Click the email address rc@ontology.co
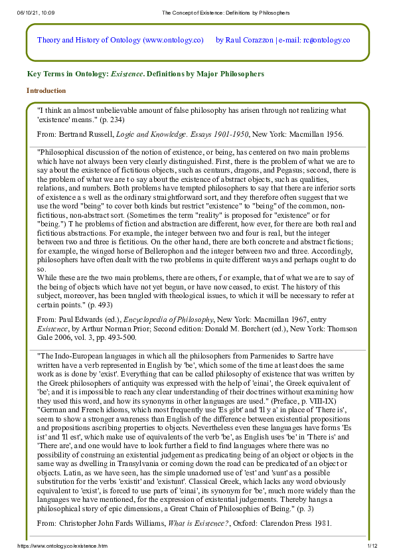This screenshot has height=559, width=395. coord(327,40)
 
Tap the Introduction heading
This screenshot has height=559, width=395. coord(46,90)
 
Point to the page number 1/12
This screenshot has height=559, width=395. coord(372,545)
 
